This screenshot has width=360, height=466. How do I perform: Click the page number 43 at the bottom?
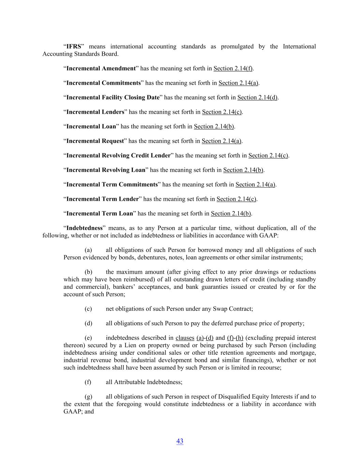tap(180, 441)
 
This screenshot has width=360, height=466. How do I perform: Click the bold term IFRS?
tap(74, 46)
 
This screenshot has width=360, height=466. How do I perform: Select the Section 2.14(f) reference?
tap(233, 68)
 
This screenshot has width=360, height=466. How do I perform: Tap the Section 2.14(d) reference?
tap(257, 97)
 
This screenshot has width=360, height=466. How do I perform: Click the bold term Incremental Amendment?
tap(101, 68)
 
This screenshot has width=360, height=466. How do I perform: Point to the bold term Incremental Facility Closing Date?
tap(113, 97)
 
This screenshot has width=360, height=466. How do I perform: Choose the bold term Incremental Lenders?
tap(95, 112)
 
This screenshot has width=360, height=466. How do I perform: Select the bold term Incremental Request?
tap(95, 141)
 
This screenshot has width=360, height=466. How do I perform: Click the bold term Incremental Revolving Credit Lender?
tap(118, 155)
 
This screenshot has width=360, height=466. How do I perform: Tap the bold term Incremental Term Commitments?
tap(112, 184)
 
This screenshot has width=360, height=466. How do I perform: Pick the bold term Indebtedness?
tap(84, 228)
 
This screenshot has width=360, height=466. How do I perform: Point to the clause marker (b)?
tap(88, 272)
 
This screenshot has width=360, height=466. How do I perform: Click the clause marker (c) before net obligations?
tap(88, 309)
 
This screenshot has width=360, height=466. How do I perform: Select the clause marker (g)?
tap(88, 397)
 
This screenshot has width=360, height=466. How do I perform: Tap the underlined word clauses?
tap(185, 338)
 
